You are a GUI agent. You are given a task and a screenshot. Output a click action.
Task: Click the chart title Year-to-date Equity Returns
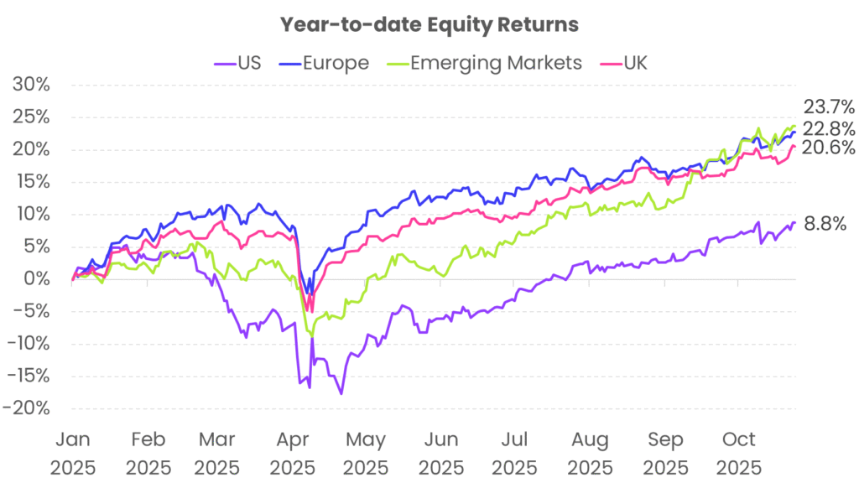(429, 24)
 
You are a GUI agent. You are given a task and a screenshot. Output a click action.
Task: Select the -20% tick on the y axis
(29, 408)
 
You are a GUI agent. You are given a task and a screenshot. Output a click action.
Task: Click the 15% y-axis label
(33, 182)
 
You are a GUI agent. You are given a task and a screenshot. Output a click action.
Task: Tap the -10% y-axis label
(29, 344)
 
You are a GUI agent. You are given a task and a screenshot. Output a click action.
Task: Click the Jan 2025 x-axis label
(74, 452)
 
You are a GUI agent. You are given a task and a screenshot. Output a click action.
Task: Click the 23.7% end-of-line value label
(828, 107)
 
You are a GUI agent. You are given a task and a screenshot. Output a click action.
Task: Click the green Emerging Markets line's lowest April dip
(313, 335)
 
